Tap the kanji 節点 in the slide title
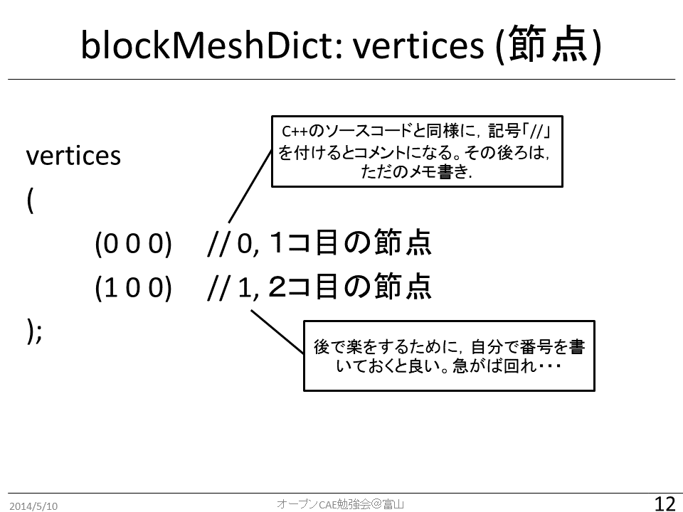550,44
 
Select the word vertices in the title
418,46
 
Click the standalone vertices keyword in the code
73,155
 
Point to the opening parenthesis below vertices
30,201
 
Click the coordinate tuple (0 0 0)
133,243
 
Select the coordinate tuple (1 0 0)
133,287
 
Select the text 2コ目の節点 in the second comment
350,286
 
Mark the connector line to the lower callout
277,331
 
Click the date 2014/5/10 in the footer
33,506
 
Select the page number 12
665,503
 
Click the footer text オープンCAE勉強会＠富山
341,504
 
